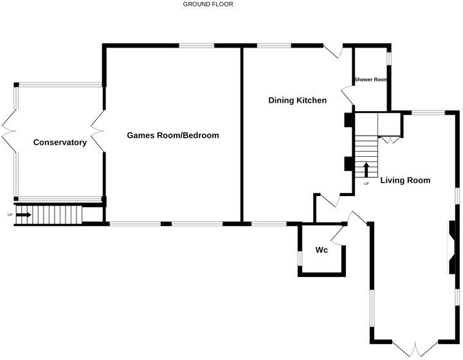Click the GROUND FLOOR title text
[208, 4]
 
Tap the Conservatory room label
[60, 143]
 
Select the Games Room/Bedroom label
[173, 136]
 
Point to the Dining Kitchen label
[298, 100]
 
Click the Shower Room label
[371, 80]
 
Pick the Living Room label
[405, 181]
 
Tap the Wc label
[322, 249]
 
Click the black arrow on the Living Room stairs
[367, 170]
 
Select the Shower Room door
[347, 96]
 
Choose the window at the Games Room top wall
[196, 46]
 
